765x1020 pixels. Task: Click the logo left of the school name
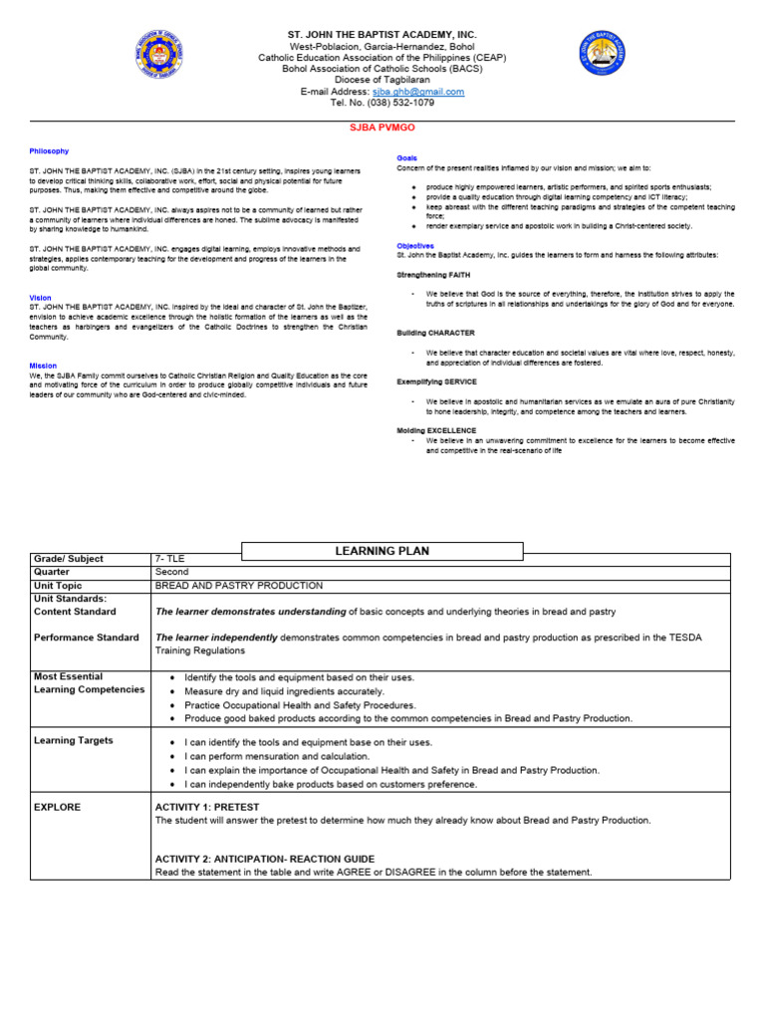tap(159, 56)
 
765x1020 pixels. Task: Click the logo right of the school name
tap(604, 56)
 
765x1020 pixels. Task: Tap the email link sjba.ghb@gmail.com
tap(418, 92)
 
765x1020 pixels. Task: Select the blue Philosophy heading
tap(49, 150)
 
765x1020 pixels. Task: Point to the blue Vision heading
tap(41, 297)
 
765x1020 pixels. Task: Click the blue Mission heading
tap(43, 365)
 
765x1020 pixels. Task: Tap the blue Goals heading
tap(407, 157)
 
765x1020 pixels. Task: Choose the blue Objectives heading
tap(415, 244)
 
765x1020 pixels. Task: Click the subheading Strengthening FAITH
tap(434, 274)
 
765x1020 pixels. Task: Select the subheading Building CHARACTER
tap(436, 332)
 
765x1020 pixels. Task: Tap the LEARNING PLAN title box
tap(382, 551)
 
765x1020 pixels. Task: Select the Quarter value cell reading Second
tap(171, 573)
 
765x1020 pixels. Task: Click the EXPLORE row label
tap(58, 807)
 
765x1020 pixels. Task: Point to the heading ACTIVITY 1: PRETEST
tap(207, 807)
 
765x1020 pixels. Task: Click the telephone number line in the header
tap(382, 103)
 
